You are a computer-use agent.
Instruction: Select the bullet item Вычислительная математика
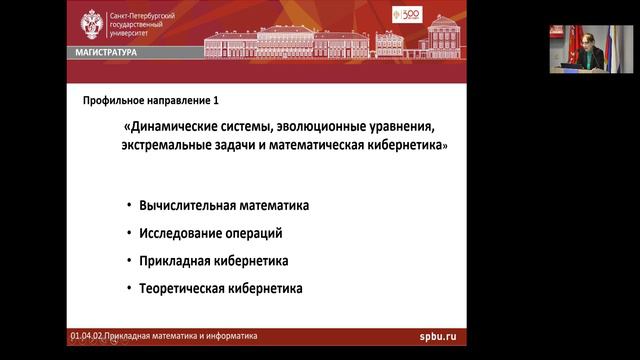coord(224,205)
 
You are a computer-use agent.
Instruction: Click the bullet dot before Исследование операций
coord(130,233)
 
